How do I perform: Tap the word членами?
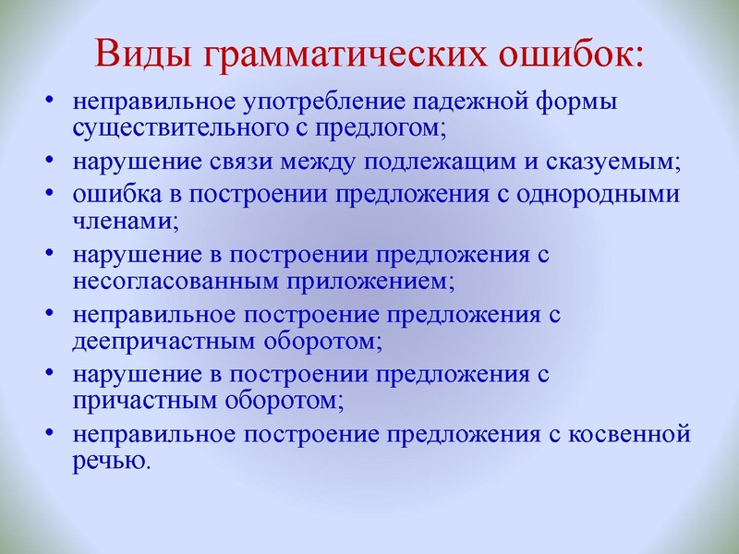point(124,221)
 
